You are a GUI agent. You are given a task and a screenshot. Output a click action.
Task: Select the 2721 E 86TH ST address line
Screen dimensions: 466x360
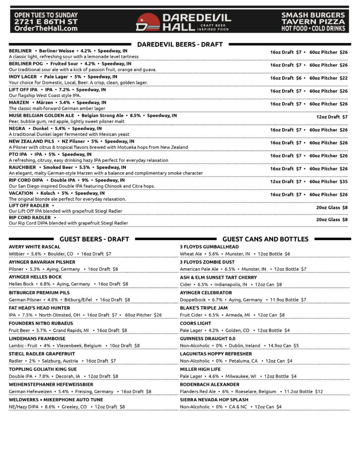46,21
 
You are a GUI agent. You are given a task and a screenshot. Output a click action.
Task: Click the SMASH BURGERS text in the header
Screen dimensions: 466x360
313,15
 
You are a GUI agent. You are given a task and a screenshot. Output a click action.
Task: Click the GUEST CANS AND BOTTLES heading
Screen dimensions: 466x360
265,239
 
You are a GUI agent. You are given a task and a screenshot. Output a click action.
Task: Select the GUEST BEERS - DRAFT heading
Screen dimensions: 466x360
94,239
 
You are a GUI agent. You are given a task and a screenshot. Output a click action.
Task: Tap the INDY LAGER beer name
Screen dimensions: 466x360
23,77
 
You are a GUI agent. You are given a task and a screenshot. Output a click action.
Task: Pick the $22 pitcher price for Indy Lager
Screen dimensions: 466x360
343,78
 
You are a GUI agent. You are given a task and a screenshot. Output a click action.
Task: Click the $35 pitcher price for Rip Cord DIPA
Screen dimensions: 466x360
343,182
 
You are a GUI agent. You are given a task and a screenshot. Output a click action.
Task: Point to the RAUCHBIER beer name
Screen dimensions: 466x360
22,167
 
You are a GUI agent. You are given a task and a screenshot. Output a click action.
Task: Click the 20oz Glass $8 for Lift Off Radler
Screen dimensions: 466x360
332,208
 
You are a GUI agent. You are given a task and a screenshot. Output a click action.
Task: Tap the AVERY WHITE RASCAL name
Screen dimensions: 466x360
35,247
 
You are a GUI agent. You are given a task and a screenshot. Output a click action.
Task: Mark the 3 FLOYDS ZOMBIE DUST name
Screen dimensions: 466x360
207,262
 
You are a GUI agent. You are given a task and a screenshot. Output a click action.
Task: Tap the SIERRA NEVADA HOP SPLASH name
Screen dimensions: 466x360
214,400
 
